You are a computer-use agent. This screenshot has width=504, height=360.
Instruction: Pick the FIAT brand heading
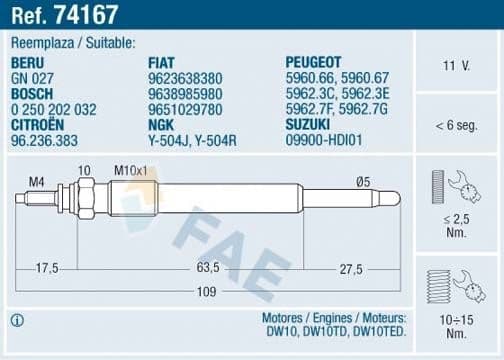coord(164,61)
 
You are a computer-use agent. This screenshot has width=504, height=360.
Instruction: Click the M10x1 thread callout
coord(129,170)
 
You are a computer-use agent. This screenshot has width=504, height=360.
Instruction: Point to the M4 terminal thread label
coord(36,181)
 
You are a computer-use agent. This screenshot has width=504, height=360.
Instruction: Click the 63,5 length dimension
coord(207,268)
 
